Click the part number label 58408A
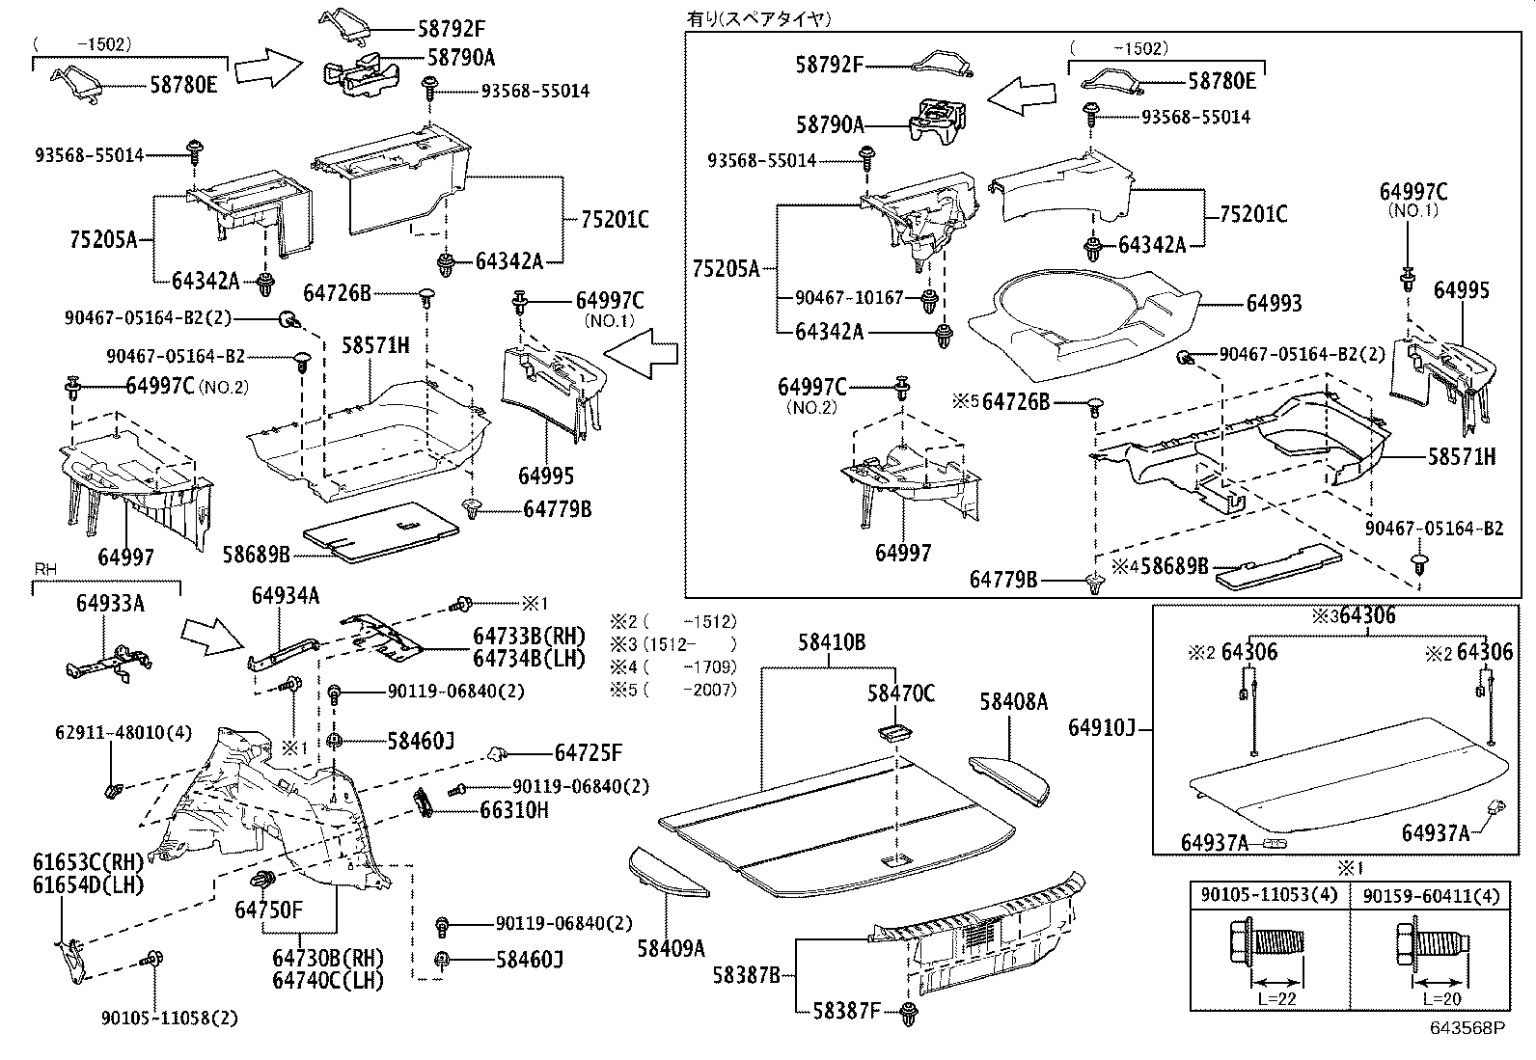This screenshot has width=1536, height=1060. (x=1013, y=702)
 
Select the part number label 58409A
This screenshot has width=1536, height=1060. (x=671, y=948)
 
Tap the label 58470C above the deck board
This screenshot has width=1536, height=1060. (x=900, y=693)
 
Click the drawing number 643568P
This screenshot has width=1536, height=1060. (x=1467, y=1029)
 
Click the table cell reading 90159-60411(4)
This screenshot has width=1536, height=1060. (x=1432, y=896)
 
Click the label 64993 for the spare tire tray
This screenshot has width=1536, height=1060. (x=1274, y=304)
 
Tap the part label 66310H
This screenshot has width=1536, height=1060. (x=514, y=810)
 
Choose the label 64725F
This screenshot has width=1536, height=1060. (x=589, y=752)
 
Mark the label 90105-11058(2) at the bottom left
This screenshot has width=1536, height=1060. (x=169, y=1018)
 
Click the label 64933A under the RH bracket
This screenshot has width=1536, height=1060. (x=110, y=604)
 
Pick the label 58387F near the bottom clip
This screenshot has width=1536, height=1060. (x=846, y=1011)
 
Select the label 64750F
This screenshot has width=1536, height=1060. (x=268, y=910)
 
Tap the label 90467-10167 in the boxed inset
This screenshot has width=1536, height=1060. (x=850, y=297)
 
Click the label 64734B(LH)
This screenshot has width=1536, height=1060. (x=529, y=659)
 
